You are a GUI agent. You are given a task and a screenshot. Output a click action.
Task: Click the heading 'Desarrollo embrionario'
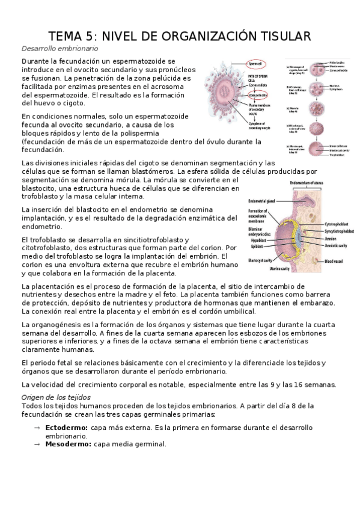coord(59,48)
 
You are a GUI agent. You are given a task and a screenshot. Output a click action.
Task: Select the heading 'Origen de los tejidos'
coord(55,398)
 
